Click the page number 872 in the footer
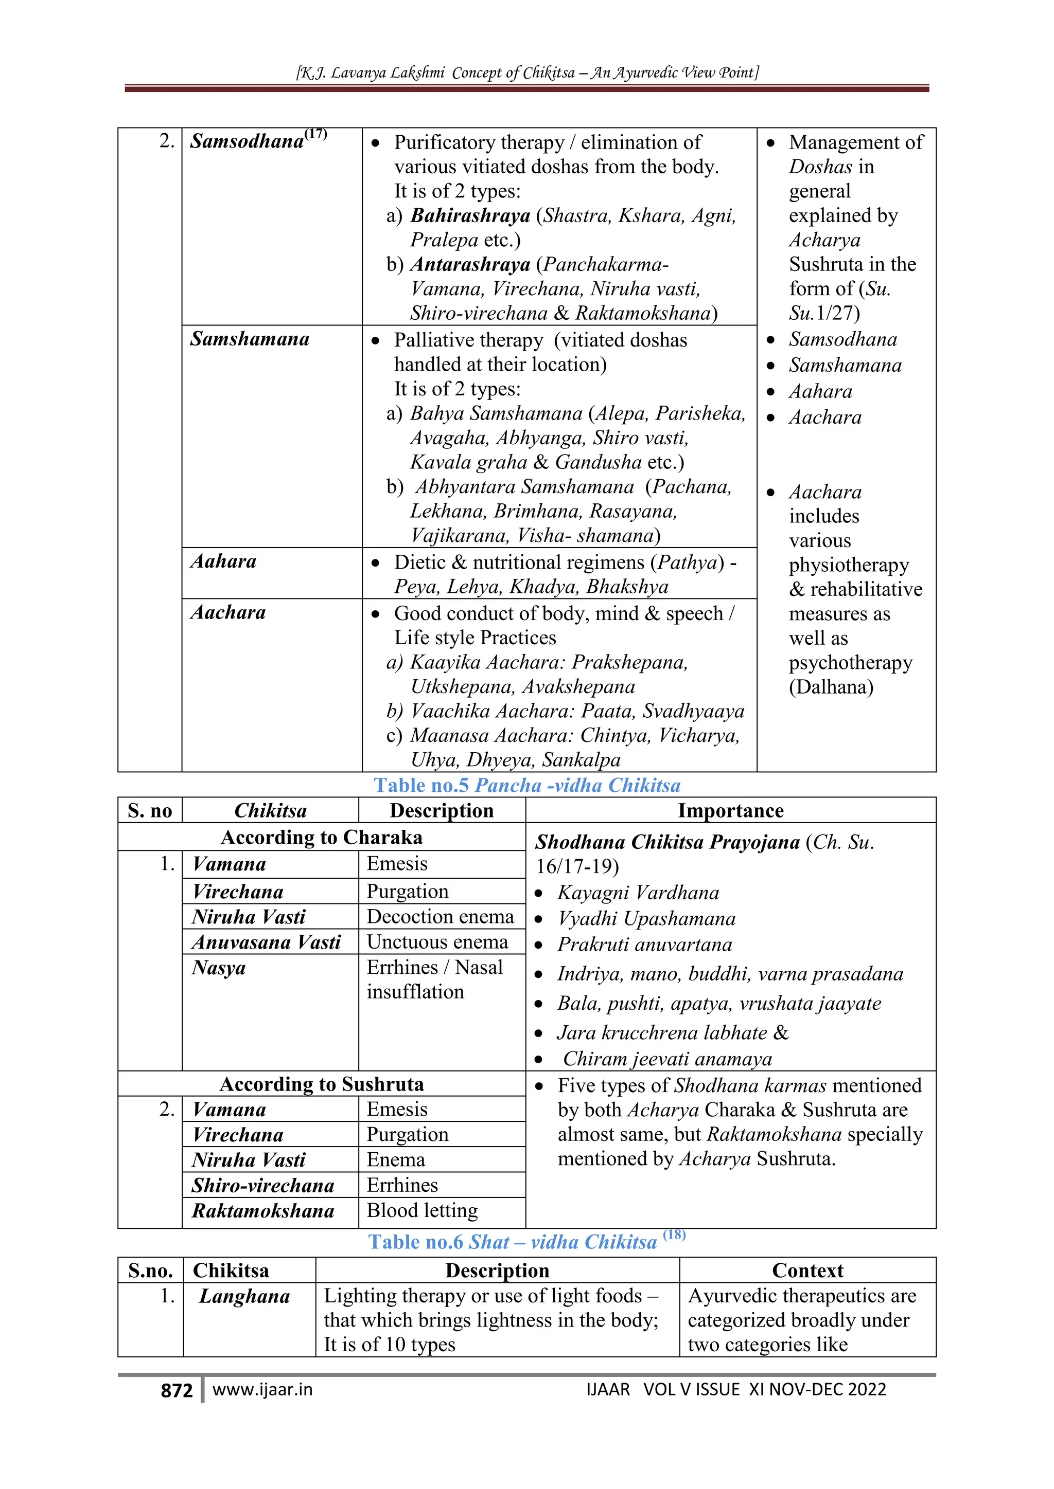pyautogui.click(x=177, y=1390)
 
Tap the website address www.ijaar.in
pyautogui.click(x=262, y=1389)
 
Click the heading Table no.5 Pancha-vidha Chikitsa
pyautogui.click(x=527, y=785)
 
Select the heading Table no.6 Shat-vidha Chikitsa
pyautogui.click(x=527, y=1242)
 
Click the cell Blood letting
pyautogui.click(x=422, y=1210)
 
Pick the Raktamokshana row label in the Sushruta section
pyautogui.click(x=263, y=1211)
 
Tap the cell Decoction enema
pyautogui.click(x=440, y=916)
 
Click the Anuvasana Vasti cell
pyautogui.click(x=266, y=941)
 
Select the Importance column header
pyautogui.click(x=730, y=811)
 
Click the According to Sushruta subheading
pyautogui.click(x=321, y=1084)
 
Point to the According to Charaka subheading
pyautogui.click(x=321, y=837)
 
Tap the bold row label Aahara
pyautogui.click(x=223, y=561)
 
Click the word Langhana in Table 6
pyautogui.click(x=244, y=1296)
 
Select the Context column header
pyautogui.click(x=807, y=1270)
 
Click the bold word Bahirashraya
pyautogui.click(x=470, y=215)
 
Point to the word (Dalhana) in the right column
pyautogui.click(x=831, y=687)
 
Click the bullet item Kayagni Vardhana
pyautogui.click(x=638, y=893)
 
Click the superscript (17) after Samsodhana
pyautogui.click(x=316, y=134)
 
